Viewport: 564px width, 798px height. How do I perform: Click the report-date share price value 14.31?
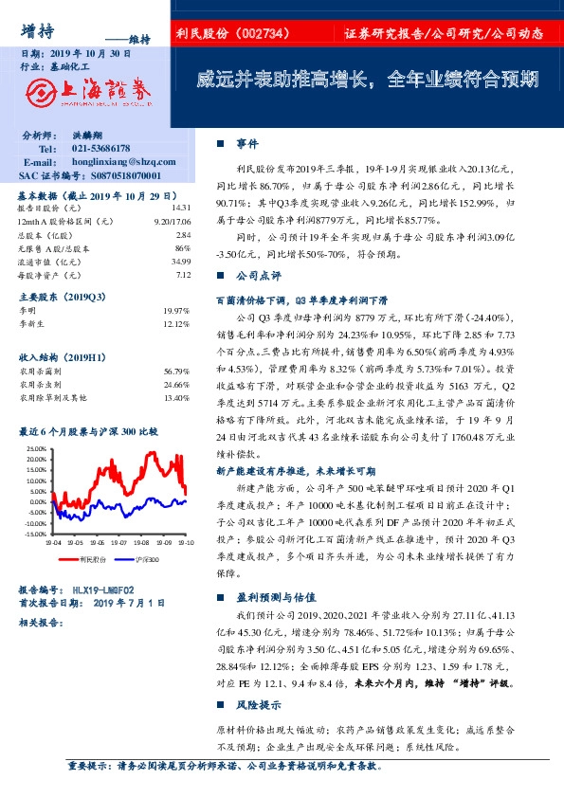[x=181, y=207]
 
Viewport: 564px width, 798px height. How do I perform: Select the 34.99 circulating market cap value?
[x=181, y=261]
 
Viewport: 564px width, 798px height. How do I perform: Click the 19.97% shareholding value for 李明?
[x=177, y=310]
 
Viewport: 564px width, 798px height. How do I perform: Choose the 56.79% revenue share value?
[x=177, y=371]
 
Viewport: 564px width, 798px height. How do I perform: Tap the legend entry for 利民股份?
[x=92, y=559]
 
